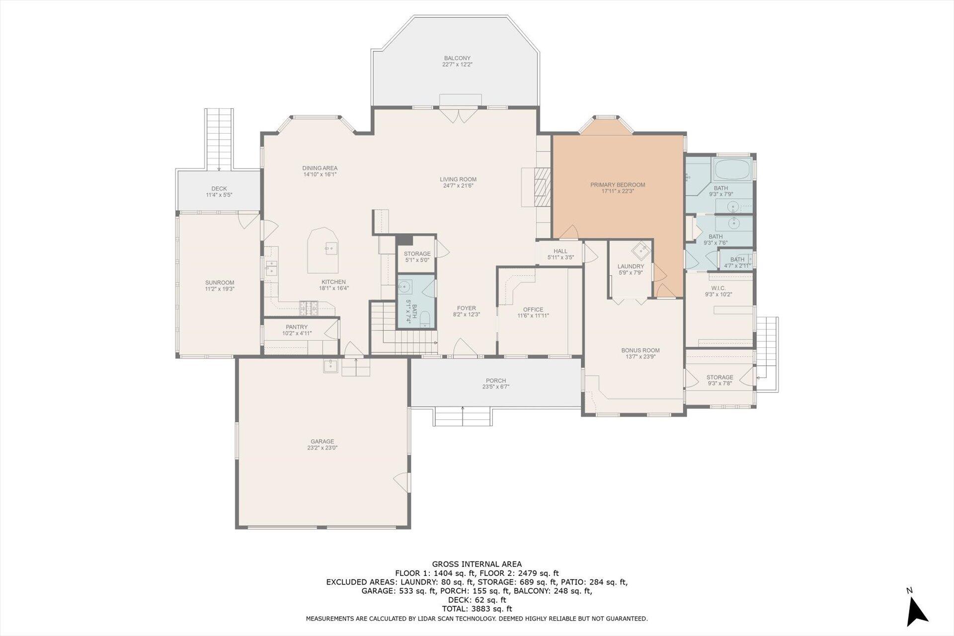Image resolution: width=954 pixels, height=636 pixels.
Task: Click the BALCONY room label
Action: point(457,58)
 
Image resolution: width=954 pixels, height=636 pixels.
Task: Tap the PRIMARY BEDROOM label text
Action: point(618,185)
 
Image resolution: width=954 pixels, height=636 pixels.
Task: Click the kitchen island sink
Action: point(330,247)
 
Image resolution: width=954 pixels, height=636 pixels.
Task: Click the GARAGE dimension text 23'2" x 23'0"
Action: point(322,448)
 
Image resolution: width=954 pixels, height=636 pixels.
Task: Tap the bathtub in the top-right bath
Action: point(733,170)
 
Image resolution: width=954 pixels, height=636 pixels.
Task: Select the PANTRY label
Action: point(297,327)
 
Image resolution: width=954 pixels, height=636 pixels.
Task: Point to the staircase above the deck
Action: point(219,139)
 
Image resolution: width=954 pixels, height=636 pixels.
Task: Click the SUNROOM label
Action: point(219,283)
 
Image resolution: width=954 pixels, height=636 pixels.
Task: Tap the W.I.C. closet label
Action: point(718,288)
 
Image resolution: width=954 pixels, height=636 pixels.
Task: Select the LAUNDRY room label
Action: point(631,266)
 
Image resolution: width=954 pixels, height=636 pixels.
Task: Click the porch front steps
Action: point(463,416)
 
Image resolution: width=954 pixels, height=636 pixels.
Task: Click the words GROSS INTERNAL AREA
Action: point(477,564)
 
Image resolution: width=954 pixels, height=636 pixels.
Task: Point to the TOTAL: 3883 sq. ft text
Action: point(477,609)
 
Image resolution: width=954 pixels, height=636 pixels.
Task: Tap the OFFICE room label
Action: point(533,309)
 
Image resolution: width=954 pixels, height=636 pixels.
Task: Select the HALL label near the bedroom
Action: point(560,251)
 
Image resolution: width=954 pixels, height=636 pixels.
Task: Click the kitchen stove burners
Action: point(309,308)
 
